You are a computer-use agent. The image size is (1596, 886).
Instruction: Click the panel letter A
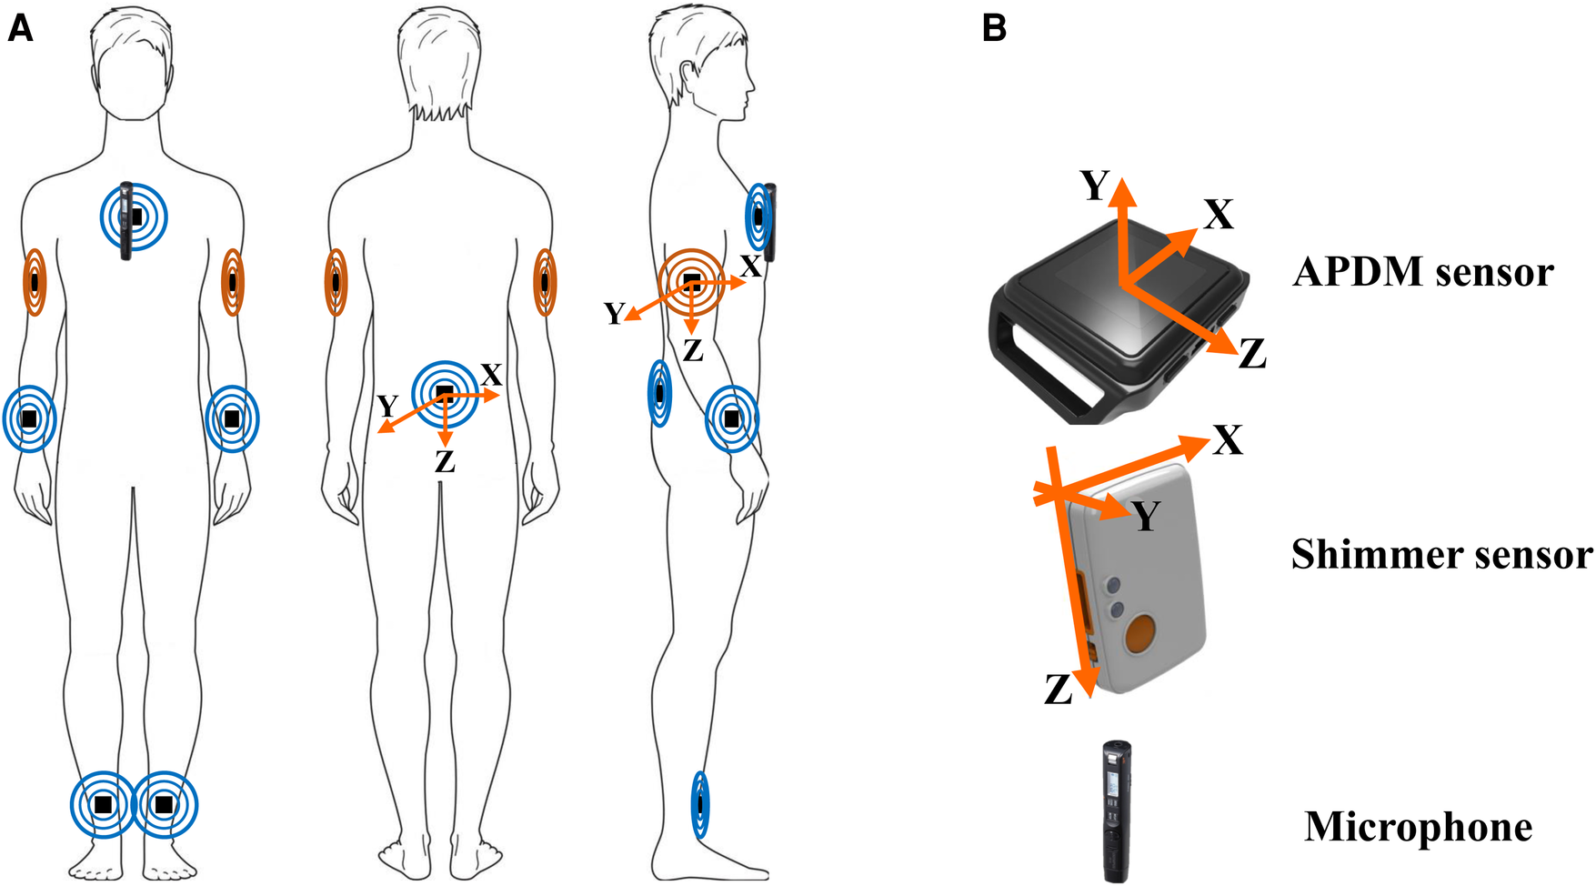click(20, 29)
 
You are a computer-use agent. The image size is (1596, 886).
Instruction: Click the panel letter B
click(995, 29)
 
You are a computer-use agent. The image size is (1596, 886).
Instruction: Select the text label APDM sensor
click(1423, 272)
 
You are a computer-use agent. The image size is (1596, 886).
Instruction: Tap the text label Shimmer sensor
click(1441, 555)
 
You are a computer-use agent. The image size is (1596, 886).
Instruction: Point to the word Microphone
click(1418, 827)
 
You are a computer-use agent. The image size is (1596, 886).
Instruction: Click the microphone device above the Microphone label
click(1117, 810)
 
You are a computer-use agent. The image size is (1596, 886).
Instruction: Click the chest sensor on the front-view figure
click(136, 216)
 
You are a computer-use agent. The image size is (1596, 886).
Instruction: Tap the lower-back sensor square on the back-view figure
click(445, 393)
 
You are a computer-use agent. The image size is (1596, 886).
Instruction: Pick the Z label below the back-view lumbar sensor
click(445, 462)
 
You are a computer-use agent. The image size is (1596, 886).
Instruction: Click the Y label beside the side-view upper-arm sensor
click(615, 314)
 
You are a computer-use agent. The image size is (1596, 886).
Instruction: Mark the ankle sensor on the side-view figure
click(699, 805)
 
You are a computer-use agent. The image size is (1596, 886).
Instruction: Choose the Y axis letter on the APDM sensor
click(1094, 186)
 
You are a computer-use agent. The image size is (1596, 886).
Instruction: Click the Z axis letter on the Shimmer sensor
click(1058, 691)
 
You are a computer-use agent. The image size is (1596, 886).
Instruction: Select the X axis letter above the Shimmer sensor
click(1228, 441)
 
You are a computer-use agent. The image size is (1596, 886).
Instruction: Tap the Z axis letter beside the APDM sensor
click(1252, 354)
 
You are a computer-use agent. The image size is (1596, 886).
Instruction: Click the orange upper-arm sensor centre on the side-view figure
click(692, 279)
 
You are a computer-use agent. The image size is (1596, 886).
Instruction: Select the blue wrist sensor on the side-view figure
click(732, 418)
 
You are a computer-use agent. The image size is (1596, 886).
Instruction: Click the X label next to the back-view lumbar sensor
click(491, 375)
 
